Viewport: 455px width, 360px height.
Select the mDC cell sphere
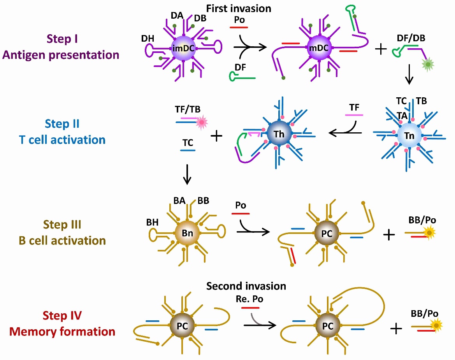click(x=318, y=48)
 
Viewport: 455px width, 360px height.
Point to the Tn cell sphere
click(x=409, y=136)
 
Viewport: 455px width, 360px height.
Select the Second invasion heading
click(x=246, y=286)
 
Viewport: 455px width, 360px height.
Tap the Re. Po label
click(x=250, y=299)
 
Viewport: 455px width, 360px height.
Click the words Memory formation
click(x=62, y=332)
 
